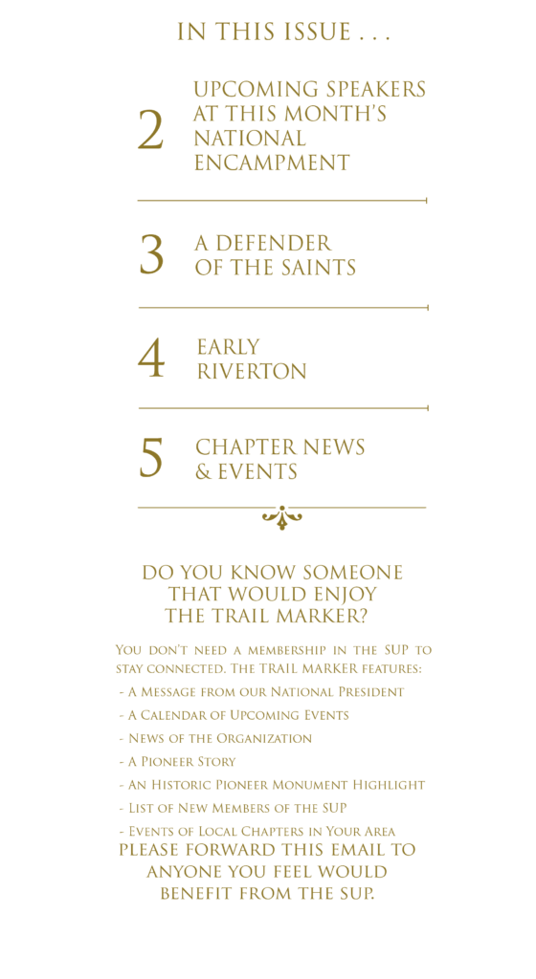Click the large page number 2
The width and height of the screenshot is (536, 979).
click(x=150, y=130)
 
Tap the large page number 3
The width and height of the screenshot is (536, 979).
click(x=151, y=254)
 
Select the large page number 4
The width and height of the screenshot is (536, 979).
click(x=151, y=359)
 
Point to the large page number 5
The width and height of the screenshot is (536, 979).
click(x=150, y=457)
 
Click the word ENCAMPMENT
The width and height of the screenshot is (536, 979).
click(x=272, y=163)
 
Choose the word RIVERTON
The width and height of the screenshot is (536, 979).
click(x=252, y=372)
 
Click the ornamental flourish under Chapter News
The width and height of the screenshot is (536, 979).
click(x=281, y=517)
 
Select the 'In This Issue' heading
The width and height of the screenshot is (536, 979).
click(x=283, y=32)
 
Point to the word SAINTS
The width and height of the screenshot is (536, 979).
click(x=312, y=268)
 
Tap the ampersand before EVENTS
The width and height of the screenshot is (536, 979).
click(x=203, y=472)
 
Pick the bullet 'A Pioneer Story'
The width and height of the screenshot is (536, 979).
click(x=177, y=762)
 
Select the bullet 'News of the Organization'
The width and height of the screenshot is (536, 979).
click(x=215, y=739)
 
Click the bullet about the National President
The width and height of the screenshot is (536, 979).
click(x=261, y=692)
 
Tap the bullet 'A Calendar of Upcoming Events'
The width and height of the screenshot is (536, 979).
click(x=234, y=715)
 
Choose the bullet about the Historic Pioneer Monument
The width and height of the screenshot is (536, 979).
click(x=272, y=785)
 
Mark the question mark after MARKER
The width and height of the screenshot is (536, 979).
click(x=362, y=617)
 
